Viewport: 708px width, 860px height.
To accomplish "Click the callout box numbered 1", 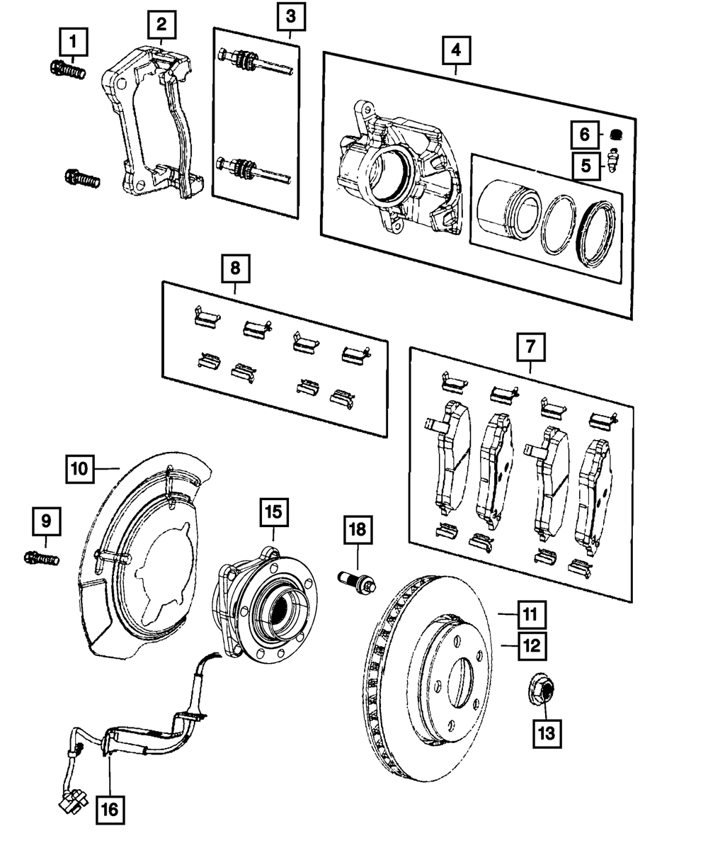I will pyautogui.click(x=74, y=42).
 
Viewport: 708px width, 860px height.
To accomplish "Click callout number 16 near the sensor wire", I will pyautogui.click(x=110, y=808).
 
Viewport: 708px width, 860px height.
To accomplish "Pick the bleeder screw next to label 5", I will pyautogui.click(x=614, y=164).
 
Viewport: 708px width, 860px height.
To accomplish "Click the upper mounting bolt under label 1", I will pyautogui.click(x=68, y=69).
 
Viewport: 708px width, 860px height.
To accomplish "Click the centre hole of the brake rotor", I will pyautogui.click(x=461, y=677).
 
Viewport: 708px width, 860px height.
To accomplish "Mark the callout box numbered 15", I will pyautogui.click(x=274, y=511).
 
